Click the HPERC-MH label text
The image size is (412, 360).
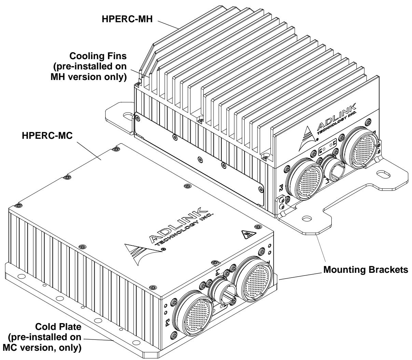point(127,19)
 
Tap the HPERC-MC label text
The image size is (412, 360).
point(47,136)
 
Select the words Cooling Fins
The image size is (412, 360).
point(98,56)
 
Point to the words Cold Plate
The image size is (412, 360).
point(58,327)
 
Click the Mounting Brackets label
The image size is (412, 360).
point(366,270)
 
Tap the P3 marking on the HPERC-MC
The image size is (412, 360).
point(167,322)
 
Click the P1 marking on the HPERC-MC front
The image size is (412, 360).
point(218,272)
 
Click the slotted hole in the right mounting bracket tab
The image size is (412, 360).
point(384,174)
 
